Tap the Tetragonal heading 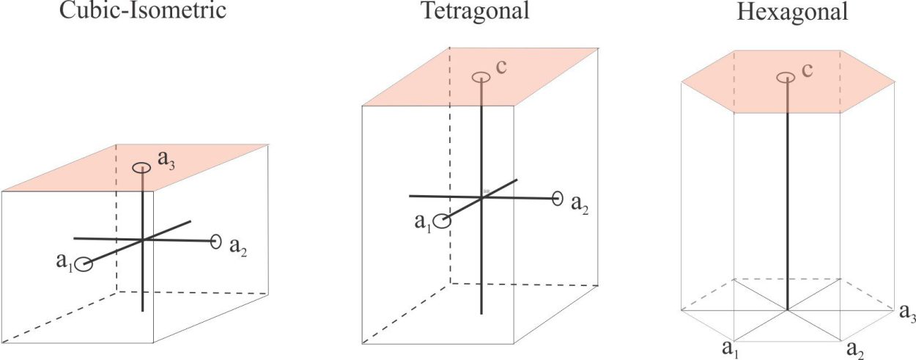[x=476, y=11]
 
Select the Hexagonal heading [x=792, y=12]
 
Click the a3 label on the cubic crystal [x=166, y=161]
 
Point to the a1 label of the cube [x=64, y=262]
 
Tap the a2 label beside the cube [x=238, y=246]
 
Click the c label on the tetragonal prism [x=501, y=67]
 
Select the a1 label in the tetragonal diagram [x=423, y=223]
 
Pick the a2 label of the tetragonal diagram [x=580, y=205]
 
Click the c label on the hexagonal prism [x=807, y=70]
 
